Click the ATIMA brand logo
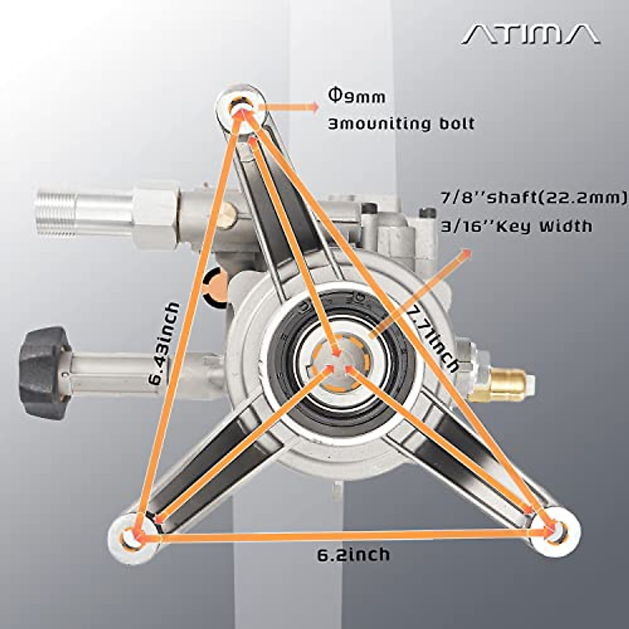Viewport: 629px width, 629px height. (x=530, y=35)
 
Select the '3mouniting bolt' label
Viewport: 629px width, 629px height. (x=401, y=124)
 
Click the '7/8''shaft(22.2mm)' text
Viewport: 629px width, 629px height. (x=533, y=198)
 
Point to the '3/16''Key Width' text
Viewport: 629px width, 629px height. (x=516, y=226)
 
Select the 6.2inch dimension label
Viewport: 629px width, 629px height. (x=353, y=554)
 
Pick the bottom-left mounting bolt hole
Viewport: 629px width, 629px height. (x=133, y=538)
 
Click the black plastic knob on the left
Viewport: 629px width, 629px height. (x=44, y=372)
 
